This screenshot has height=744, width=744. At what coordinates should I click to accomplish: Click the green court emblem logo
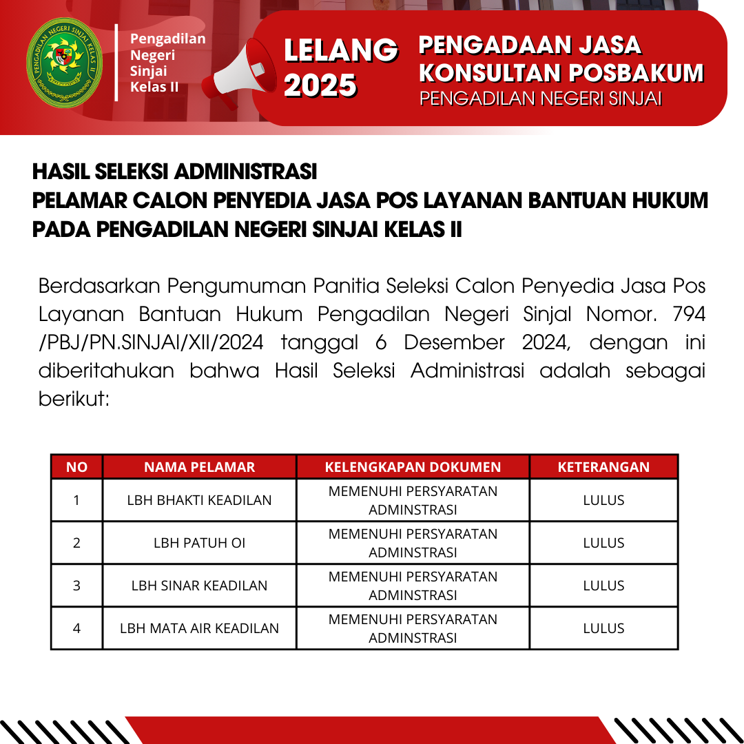pyautogui.click(x=64, y=67)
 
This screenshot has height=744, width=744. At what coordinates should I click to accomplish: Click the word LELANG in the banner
pyautogui.click(x=341, y=50)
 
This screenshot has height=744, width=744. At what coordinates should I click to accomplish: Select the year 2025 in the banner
pyautogui.click(x=320, y=85)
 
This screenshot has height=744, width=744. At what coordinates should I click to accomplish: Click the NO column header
pyautogui.click(x=76, y=467)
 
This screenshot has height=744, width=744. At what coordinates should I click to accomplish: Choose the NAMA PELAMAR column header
pyautogui.click(x=199, y=467)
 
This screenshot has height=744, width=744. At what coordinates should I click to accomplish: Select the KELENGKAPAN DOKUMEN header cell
pyautogui.click(x=413, y=467)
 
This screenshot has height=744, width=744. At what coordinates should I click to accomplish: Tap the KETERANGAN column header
pyautogui.click(x=603, y=467)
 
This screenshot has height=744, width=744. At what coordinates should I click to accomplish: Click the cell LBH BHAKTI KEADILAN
pyautogui.click(x=199, y=500)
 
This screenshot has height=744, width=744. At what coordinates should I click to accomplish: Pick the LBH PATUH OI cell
pyautogui.click(x=199, y=543)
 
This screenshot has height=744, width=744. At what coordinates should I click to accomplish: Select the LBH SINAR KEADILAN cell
pyautogui.click(x=199, y=586)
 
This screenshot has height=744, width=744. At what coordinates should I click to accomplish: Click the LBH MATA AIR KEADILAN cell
pyautogui.click(x=199, y=628)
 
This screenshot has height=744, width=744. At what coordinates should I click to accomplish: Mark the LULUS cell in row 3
pyautogui.click(x=603, y=586)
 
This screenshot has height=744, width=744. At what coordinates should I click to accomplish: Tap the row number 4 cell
pyautogui.click(x=76, y=628)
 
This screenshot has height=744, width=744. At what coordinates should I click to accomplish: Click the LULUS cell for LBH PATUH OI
pyautogui.click(x=603, y=543)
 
